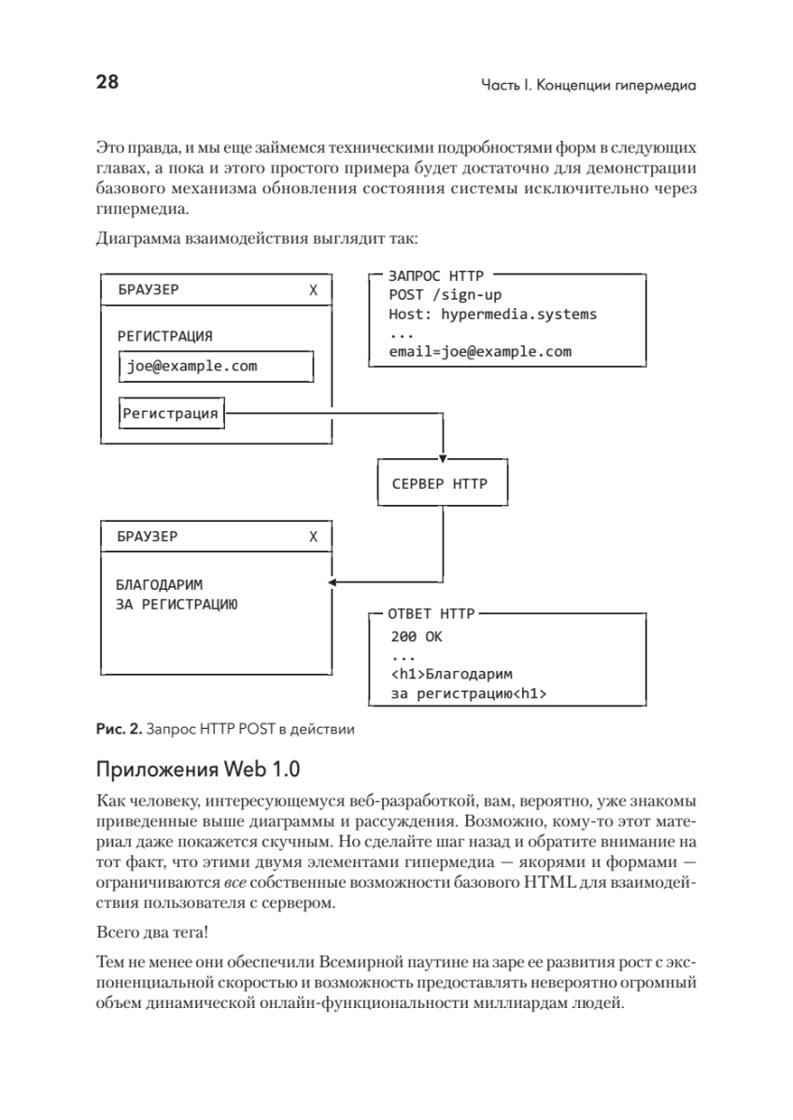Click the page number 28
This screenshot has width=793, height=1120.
coord(106,83)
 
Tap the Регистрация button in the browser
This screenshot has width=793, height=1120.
coord(173,413)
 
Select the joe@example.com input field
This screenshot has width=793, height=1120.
coord(216,367)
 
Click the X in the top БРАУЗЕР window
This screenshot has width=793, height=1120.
coord(313,290)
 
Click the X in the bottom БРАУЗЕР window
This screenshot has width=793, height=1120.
coord(313,537)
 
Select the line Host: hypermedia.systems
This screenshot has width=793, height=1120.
coord(492,315)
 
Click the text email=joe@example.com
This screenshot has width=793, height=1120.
coord(479,352)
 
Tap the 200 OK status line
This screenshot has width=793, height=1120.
coord(417,638)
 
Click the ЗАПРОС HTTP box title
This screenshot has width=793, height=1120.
coord(431,276)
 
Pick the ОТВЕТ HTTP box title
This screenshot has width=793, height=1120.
coord(431,614)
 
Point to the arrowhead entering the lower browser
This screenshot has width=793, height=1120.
coord(333,583)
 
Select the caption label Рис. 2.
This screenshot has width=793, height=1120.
coord(117,729)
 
